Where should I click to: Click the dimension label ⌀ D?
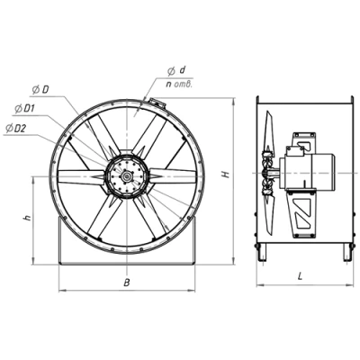tap(40, 90)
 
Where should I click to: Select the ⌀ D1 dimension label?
tap(24, 109)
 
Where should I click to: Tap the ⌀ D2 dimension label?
tap(16, 129)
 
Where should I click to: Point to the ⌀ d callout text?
tap(176, 71)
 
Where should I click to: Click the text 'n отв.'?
tap(179, 85)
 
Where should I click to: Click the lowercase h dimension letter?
tap(28, 218)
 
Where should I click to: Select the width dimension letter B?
tap(127, 283)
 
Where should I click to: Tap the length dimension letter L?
tap(300, 277)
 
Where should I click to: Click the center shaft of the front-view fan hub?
tap(127, 176)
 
